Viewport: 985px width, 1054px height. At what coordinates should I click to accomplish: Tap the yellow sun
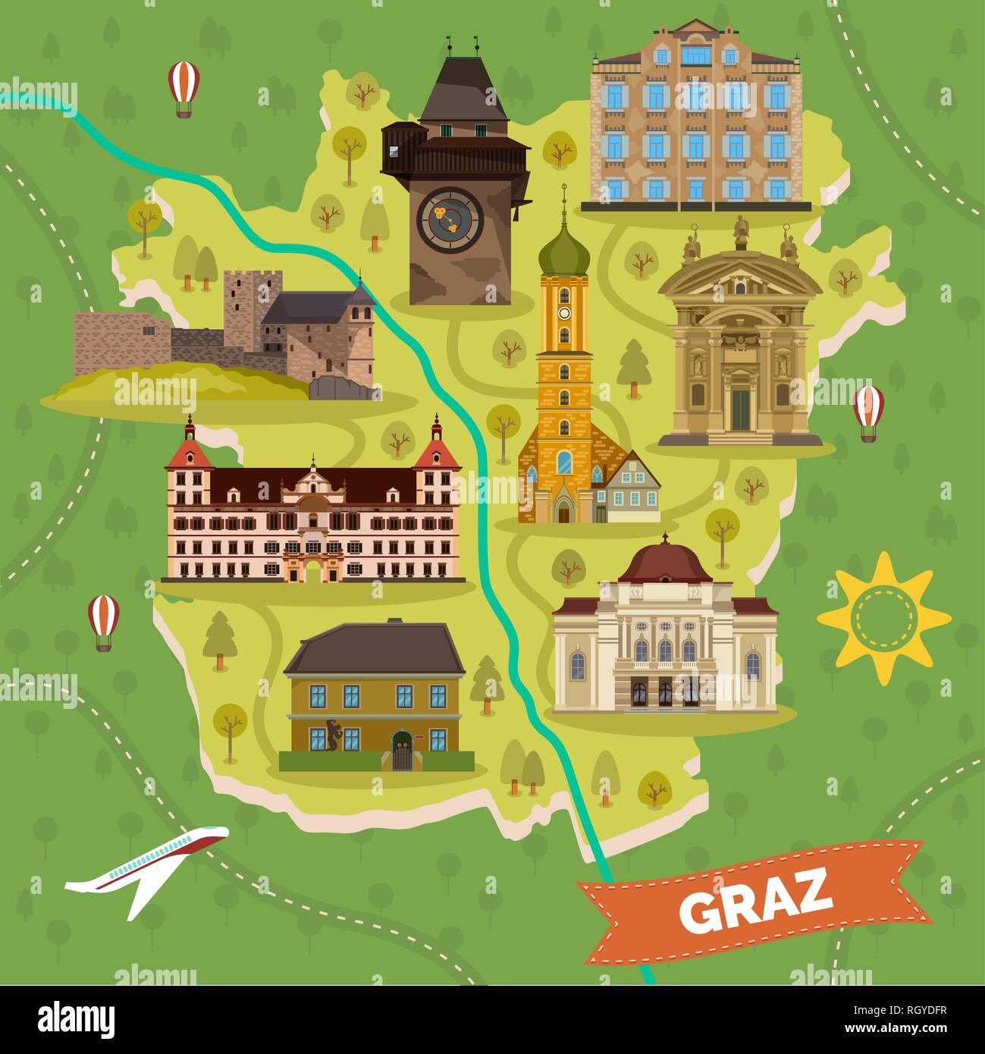coord(883,617)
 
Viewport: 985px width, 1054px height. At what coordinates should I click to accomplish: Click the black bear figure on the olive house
coord(332,732)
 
